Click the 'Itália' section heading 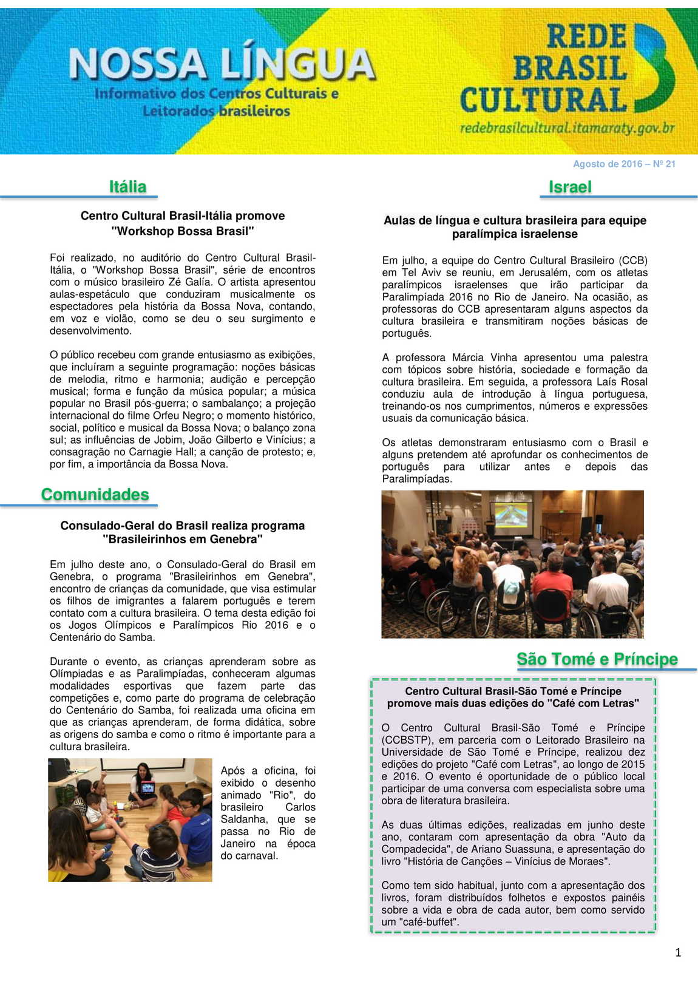tap(127, 186)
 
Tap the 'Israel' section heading tap(569, 187)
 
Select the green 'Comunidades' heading tap(95, 495)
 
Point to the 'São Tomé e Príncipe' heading tap(597, 659)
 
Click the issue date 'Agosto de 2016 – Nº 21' tap(624, 164)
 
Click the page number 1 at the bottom tap(678, 953)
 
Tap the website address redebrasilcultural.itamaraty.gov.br tap(567, 128)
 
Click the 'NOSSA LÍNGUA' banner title tap(222, 64)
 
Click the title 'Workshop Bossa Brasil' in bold tap(183, 231)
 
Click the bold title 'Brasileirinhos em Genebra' tap(183, 539)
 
